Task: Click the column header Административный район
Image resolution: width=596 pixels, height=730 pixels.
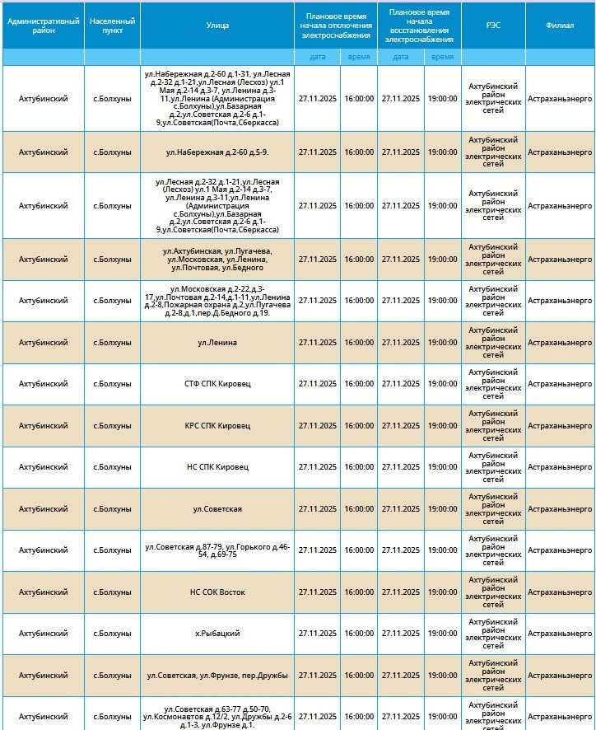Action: (43, 25)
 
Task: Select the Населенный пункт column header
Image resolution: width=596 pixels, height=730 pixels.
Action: (112, 25)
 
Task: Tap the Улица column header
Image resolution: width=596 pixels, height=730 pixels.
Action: (217, 25)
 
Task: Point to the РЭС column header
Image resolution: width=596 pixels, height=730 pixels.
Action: (492, 25)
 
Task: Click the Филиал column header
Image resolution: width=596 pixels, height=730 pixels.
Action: (560, 25)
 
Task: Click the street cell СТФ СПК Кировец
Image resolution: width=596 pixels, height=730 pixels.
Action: (217, 384)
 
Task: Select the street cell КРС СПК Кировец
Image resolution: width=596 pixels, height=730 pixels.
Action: (217, 426)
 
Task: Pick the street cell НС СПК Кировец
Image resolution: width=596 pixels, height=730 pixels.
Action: (217, 467)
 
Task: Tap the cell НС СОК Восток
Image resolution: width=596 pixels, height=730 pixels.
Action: (217, 592)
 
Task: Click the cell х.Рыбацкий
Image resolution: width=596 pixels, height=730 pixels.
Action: (217, 634)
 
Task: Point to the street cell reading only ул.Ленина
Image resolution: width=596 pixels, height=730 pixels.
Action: (217, 343)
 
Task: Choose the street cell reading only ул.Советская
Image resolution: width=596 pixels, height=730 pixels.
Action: (217, 509)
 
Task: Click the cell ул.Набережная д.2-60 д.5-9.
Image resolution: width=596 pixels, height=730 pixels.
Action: (217, 152)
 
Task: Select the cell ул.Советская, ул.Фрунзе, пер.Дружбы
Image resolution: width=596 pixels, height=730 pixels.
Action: (217, 676)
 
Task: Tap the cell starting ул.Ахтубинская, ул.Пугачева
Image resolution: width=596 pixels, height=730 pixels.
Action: (217, 260)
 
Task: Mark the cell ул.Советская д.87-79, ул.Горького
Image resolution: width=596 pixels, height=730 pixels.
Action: (217, 550)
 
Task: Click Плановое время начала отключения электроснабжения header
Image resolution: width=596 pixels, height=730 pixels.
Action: (336, 25)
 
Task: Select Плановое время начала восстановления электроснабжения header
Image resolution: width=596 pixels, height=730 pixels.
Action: (420, 25)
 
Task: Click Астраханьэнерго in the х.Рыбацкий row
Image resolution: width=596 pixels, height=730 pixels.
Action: (560, 634)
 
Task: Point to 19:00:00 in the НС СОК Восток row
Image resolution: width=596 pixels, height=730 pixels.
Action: (442, 592)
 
